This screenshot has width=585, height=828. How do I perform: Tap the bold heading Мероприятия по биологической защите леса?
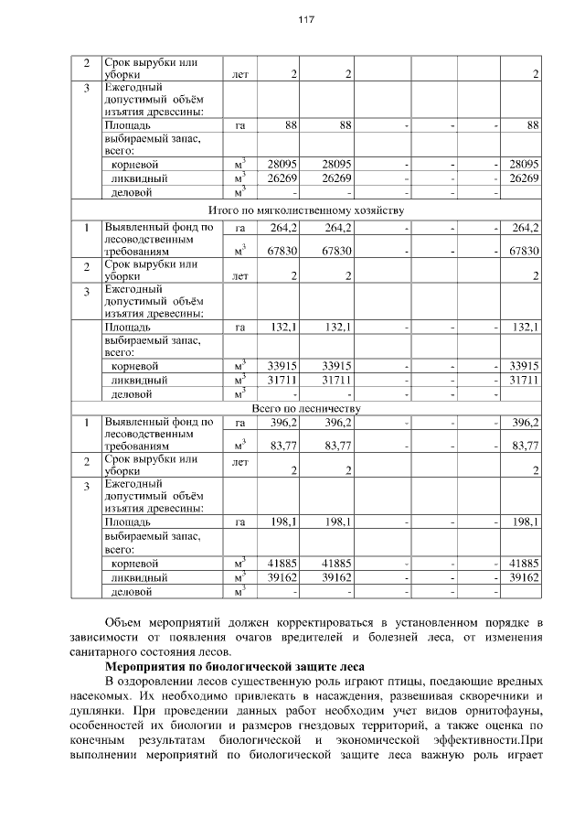coord(236,666)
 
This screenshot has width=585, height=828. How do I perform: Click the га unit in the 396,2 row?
coord(240,423)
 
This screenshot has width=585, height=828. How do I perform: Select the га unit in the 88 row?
coord(240,124)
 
